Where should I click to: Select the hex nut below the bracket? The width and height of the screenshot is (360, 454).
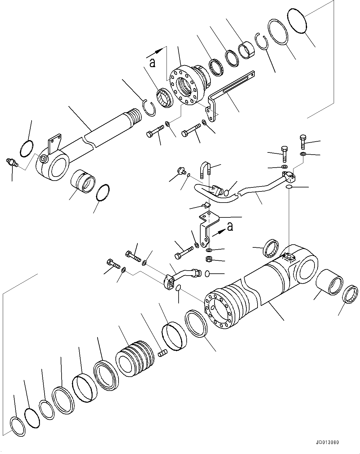tap(209, 259)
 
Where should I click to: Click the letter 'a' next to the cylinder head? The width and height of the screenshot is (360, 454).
tap(152, 63)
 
